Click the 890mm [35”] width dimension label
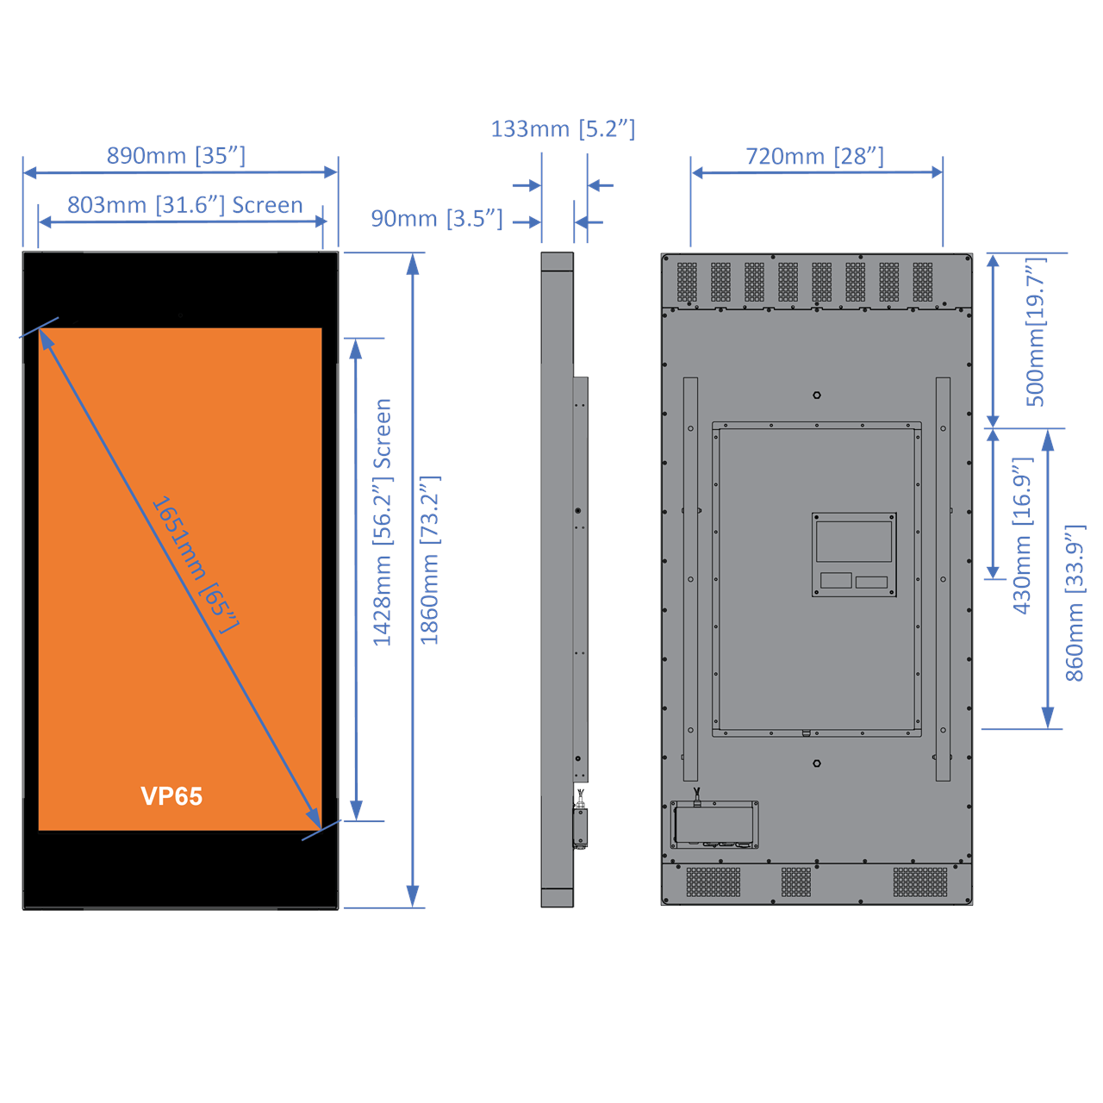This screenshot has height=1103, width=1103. point(176,156)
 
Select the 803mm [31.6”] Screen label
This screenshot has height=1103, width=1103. point(184,205)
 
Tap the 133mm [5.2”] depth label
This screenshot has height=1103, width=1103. point(563,129)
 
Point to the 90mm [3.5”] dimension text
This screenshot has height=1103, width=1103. point(436,219)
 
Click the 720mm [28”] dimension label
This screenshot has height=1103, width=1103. point(814,156)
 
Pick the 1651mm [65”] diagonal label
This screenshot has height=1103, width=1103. point(194,564)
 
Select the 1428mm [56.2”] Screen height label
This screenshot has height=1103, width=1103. point(383,522)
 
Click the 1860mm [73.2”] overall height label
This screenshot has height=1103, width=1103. point(430,560)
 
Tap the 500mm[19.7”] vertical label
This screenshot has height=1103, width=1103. point(1035,332)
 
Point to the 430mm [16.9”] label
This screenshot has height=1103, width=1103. point(1022,536)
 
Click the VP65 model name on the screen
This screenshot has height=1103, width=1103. point(171,796)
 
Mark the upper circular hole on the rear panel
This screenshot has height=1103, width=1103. point(817,396)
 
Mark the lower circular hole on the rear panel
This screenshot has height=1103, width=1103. point(817,763)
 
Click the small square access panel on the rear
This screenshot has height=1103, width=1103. point(854,554)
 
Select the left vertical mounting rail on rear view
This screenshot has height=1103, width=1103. point(690,579)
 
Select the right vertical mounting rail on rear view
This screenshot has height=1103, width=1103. point(943,579)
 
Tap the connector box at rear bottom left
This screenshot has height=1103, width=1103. point(714,825)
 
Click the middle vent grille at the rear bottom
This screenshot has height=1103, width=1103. point(796,882)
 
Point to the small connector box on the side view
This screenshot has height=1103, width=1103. point(581,827)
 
